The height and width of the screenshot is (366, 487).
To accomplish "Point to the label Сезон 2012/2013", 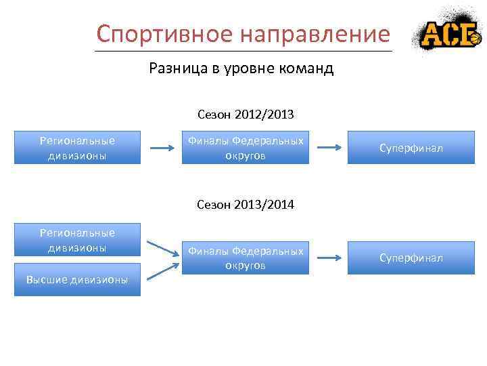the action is (246, 115).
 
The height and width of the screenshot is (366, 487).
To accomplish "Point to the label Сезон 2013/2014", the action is (246, 204).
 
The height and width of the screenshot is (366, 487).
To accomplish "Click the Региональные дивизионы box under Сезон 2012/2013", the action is (77, 148).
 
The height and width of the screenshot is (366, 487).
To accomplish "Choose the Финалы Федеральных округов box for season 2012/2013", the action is (246, 148).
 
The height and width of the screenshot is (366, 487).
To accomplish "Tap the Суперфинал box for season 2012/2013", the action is (411, 148).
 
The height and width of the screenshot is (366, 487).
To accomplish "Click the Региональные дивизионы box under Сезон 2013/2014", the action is (77, 240).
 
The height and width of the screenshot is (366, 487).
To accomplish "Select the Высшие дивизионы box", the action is (77, 279).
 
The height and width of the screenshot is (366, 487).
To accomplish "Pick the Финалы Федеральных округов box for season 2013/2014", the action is (246, 258).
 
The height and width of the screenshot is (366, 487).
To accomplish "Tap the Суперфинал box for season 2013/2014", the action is (411, 258).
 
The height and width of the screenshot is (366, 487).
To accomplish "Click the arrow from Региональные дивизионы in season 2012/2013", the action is (162, 148).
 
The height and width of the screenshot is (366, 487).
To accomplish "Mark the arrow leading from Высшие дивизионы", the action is (162, 270).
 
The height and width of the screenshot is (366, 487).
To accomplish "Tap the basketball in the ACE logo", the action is (475, 40).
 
